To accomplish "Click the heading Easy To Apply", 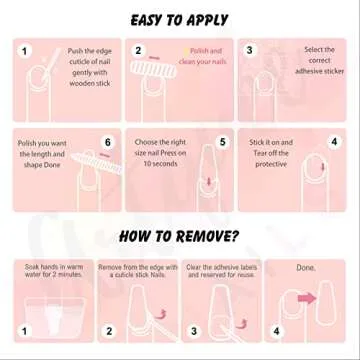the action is click(180, 20).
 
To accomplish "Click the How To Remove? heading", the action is click(179, 236).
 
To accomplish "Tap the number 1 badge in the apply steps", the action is click(24, 52).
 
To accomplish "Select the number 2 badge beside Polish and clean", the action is click(138, 51).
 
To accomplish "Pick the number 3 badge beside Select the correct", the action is click(249, 50).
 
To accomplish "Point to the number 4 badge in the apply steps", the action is click(334, 142).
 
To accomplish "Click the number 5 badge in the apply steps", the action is click(222, 142).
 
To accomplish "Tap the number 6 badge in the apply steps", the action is click(107, 142).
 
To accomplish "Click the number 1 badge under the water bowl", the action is click(24, 331).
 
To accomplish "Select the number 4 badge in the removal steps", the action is click(276, 331).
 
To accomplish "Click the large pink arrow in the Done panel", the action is click(306, 298).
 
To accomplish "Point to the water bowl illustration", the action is click(55, 316).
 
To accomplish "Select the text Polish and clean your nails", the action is click(204, 56).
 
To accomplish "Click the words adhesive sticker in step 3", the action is click(319, 71).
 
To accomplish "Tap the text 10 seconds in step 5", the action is click(161, 164).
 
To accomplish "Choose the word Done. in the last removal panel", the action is click(306, 267).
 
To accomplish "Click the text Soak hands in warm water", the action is click(54, 271).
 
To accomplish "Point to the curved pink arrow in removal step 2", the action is click(162, 314).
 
